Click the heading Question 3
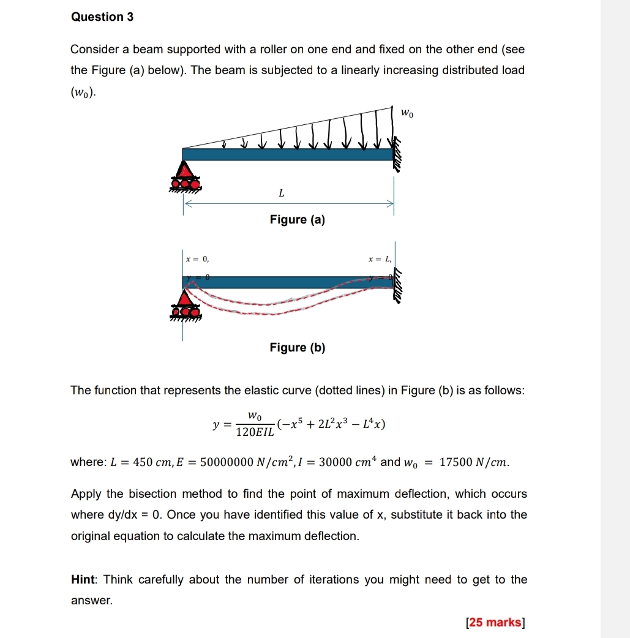[102, 17]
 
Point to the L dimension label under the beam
[281, 193]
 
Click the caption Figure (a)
[298, 220]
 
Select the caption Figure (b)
[298, 348]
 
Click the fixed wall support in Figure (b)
[399, 285]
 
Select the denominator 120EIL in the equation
[256, 432]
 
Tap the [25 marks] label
[495, 623]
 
